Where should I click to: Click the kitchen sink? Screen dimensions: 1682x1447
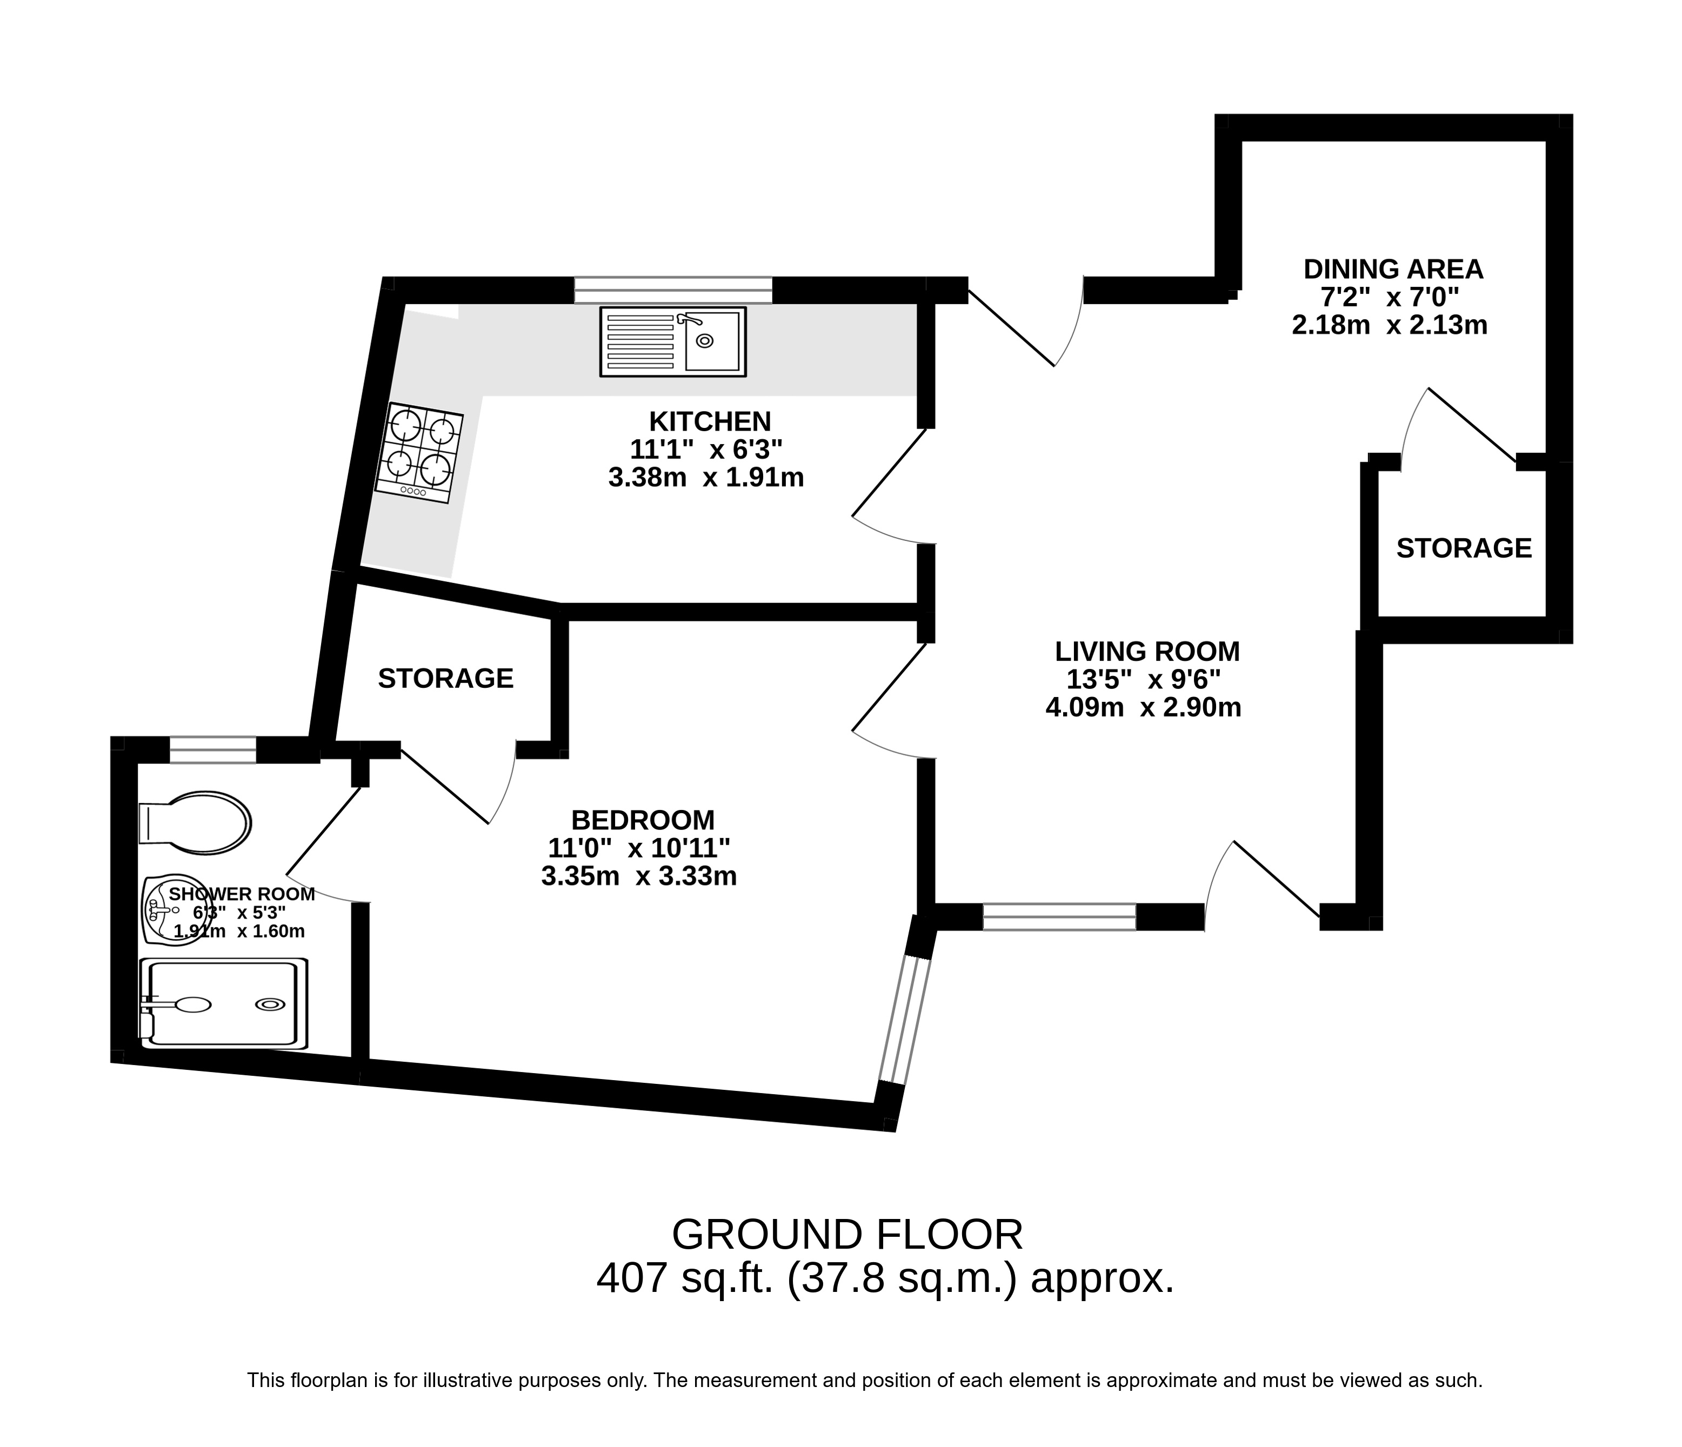point(673,341)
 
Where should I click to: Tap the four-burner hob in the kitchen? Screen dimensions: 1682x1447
point(419,453)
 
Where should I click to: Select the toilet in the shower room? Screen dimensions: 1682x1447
point(195,823)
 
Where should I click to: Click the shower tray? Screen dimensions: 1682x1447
point(223,1003)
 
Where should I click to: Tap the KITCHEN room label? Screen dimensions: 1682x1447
point(710,421)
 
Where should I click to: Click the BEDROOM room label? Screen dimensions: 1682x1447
point(643,820)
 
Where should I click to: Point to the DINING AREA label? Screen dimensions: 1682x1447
point(1393,269)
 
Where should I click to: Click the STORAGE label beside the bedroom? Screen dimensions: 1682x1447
point(446,679)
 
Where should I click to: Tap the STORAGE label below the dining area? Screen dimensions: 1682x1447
point(1464,548)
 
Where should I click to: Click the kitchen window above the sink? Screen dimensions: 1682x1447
point(673,290)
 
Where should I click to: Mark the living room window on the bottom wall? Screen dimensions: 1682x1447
point(1059,916)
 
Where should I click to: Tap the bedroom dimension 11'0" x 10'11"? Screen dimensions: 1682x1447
point(639,848)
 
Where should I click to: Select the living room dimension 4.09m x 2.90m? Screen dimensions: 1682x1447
point(1143,708)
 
